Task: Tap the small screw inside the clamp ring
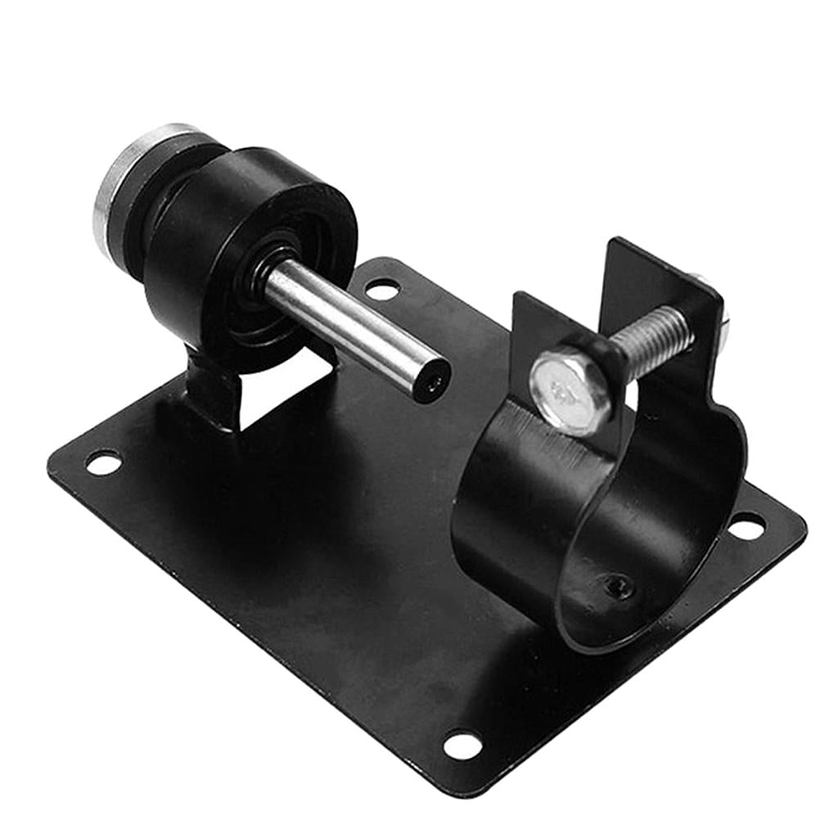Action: (619, 584)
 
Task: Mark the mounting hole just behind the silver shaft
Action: (382, 289)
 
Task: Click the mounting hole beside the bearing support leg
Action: (103, 463)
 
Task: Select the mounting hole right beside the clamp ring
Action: (746, 526)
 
